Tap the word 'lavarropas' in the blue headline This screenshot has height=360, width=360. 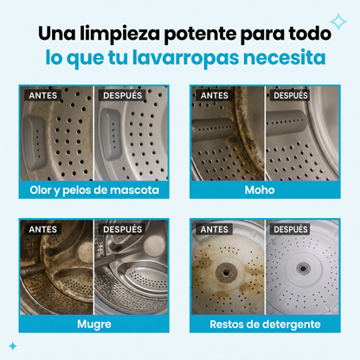click(x=186, y=58)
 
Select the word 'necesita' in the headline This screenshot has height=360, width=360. click(x=285, y=57)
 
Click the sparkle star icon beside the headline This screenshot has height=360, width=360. click(x=338, y=22)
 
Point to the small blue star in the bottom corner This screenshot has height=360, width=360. click(x=13, y=346)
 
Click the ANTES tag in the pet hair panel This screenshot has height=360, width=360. click(x=43, y=95)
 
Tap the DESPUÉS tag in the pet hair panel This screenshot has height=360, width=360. click(x=123, y=95)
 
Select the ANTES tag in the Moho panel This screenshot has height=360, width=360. click(x=215, y=95)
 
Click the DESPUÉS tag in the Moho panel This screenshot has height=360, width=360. click(x=291, y=95)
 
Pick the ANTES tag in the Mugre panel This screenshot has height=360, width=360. click(x=43, y=229)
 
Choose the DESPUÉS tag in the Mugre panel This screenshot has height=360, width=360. click(x=123, y=229)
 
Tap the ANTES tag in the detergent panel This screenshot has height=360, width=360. click(x=215, y=229)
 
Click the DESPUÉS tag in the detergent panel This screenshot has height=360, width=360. click(x=291, y=229)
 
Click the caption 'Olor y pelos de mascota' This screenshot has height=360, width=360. click(x=94, y=190)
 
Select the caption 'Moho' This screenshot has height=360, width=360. click(x=260, y=190)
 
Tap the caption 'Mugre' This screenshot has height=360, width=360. click(x=94, y=325)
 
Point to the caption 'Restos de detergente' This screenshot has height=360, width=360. click(x=265, y=325)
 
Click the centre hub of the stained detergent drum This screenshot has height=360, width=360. click(x=227, y=272)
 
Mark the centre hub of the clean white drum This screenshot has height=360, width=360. click(x=303, y=269)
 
